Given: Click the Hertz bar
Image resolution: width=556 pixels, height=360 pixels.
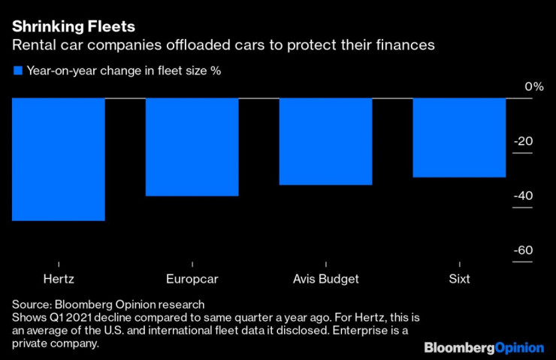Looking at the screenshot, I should coord(58,159).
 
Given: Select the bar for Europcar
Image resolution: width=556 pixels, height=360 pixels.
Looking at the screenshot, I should coord(192,147).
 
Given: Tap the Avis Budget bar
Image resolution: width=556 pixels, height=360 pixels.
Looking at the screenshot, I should coord(325,141).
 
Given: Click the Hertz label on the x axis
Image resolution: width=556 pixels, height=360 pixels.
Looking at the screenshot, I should coord(59,279).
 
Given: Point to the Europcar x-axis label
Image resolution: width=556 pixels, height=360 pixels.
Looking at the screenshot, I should coord(192,279).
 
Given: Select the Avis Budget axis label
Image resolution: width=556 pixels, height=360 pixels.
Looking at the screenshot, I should coord(325,279).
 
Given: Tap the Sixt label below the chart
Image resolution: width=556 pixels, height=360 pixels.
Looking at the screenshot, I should coord(458,279).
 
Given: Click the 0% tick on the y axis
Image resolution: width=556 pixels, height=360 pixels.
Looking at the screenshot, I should coord(533,87).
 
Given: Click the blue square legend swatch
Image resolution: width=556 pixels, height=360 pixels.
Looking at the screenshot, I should coord(17,71).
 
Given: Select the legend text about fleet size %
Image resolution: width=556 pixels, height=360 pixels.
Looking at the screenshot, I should coord(123,71).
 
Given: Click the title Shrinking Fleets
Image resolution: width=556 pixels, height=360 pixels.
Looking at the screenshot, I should coord(73,27).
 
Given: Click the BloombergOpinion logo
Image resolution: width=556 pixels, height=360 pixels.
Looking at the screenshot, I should coord(484,347).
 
